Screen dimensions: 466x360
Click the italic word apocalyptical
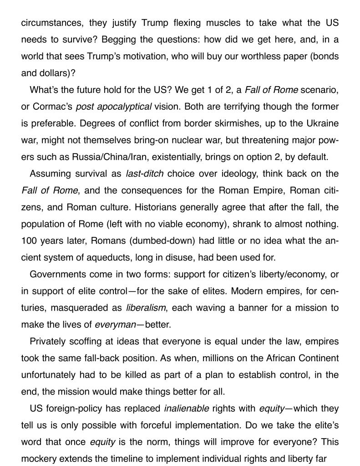pyautogui.click(x=124, y=107)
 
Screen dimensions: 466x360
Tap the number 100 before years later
pyautogui.click(x=28, y=241)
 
